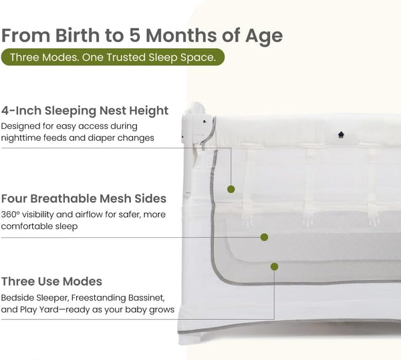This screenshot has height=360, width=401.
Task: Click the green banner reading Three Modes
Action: coord(112,57)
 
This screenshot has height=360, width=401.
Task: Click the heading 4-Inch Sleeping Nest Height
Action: coord(85,110)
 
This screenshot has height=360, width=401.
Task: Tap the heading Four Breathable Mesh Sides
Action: coord(84,198)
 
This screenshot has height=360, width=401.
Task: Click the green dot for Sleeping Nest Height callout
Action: coord(231,189)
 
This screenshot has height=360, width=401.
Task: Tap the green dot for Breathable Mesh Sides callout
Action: coord(264,236)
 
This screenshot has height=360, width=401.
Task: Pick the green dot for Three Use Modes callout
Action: coord(274,266)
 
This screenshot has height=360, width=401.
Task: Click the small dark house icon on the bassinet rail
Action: coord(341,134)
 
